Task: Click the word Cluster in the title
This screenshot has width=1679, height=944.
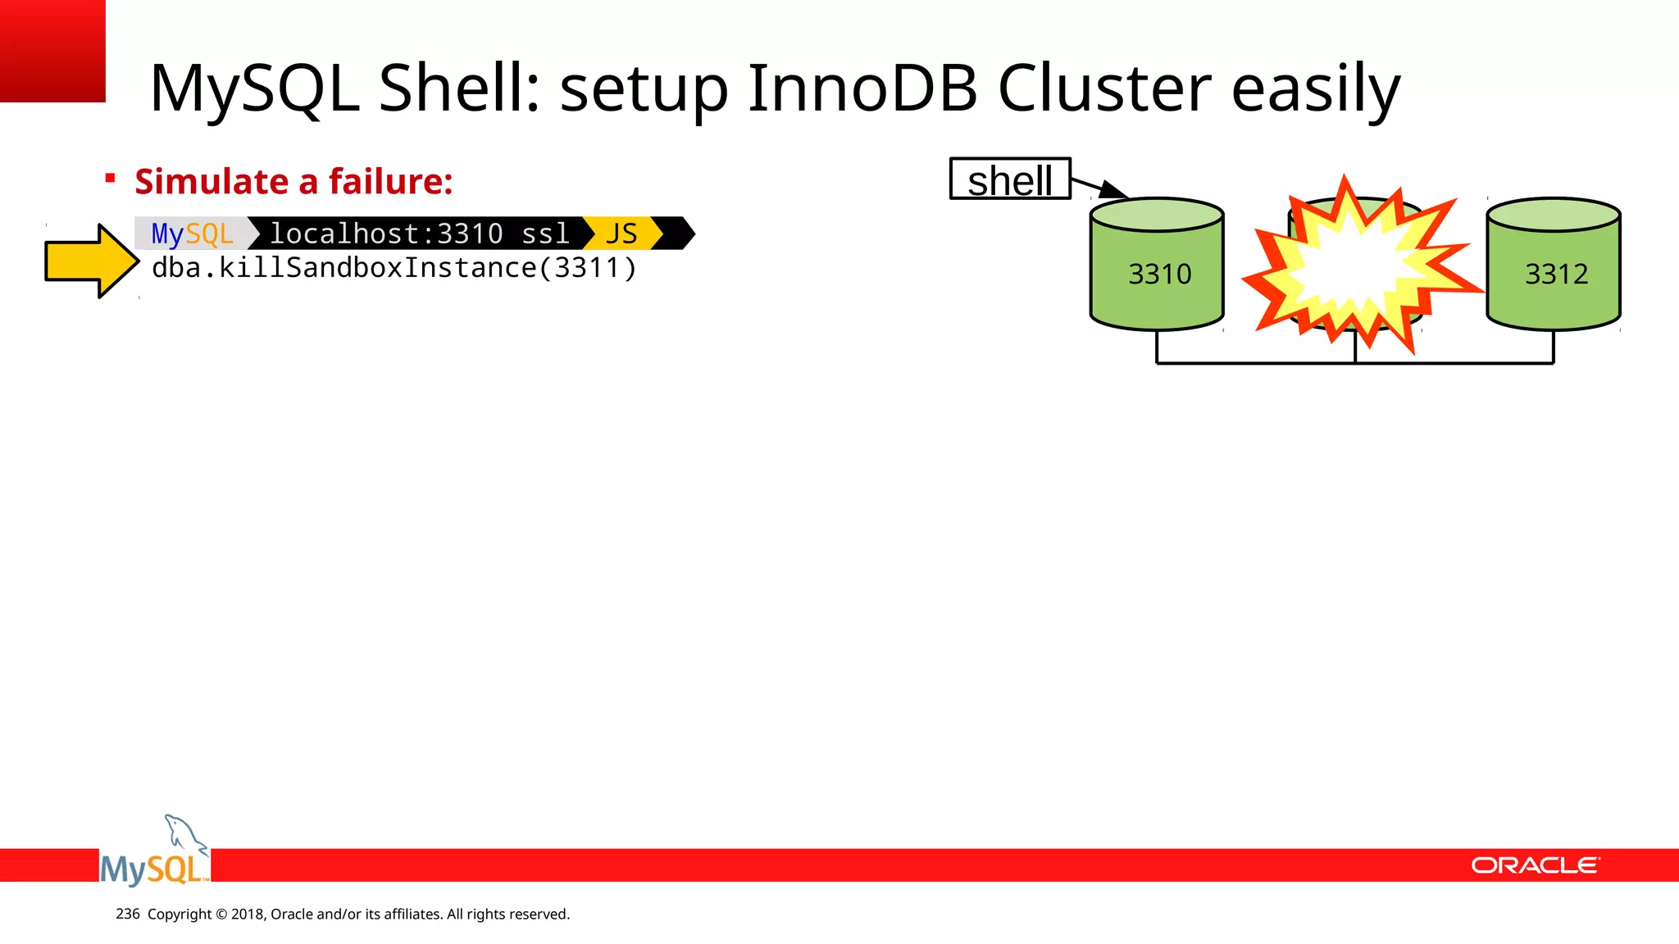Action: tap(1103, 88)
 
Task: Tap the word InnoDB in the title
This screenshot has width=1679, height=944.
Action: tap(862, 88)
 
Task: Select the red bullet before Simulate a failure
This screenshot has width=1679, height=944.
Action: tap(110, 178)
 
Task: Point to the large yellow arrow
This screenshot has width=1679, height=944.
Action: tap(90, 261)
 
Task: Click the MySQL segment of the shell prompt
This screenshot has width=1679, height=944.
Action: tap(192, 234)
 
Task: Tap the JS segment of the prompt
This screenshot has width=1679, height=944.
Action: tap(621, 234)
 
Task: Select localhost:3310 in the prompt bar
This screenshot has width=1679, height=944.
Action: tap(386, 234)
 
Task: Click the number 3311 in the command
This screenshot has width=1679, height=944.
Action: tap(586, 268)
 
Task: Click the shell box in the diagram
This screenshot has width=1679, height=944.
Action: tap(1009, 179)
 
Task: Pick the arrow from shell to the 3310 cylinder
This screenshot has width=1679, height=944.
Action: tap(1099, 188)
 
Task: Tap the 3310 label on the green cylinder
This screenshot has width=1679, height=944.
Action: tap(1159, 274)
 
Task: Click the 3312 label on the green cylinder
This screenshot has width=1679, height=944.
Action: tap(1555, 274)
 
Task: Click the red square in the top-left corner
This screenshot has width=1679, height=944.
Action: tap(52, 50)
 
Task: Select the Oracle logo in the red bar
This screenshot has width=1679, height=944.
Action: tap(1534, 865)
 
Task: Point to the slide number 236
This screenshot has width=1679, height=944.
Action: tap(127, 914)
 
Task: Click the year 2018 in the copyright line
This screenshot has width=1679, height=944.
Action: tap(247, 914)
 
